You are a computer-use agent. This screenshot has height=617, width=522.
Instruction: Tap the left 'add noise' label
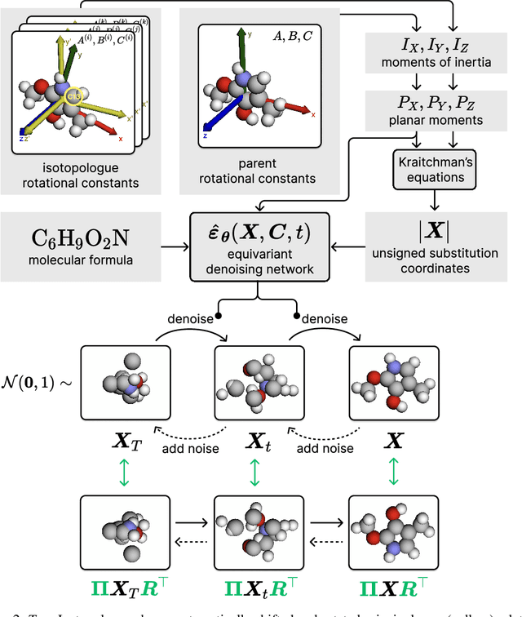[193, 448]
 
